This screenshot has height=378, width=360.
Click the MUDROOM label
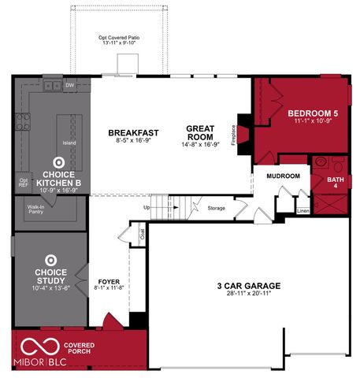click(x=283, y=176)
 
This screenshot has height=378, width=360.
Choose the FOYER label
click(x=109, y=282)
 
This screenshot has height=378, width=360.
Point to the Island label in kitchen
click(x=69, y=143)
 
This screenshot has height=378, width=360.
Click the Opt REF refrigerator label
click(x=23, y=181)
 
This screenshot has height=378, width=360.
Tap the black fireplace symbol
click(x=244, y=131)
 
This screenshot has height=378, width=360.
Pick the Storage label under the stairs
click(x=217, y=208)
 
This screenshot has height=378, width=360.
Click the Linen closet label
click(x=302, y=211)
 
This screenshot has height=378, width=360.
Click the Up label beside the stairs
click(x=146, y=207)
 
